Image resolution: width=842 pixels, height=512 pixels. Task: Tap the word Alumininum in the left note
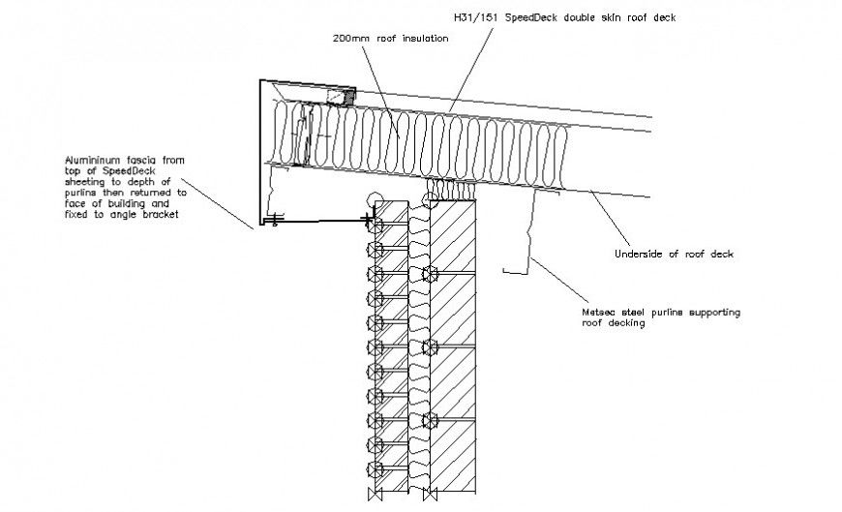click(x=92, y=158)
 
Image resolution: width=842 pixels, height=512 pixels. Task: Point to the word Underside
click(x=639, y=255)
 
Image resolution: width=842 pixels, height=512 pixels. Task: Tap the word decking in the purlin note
click(x=626, y=324)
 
